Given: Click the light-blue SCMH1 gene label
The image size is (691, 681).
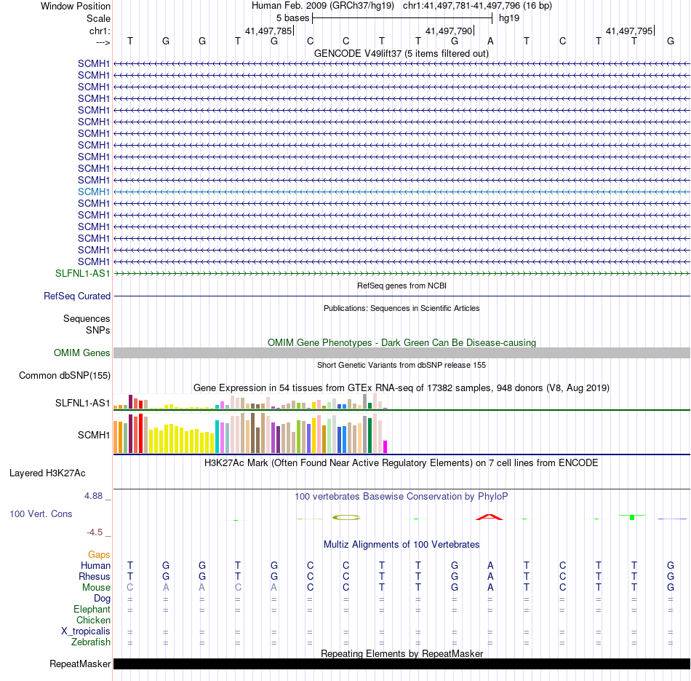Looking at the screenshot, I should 94,192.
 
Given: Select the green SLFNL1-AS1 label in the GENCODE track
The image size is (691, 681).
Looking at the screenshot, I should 83,273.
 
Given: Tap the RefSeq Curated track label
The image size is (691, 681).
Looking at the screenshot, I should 77,296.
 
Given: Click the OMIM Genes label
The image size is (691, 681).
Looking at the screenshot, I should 82,353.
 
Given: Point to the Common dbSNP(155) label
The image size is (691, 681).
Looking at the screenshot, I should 65,376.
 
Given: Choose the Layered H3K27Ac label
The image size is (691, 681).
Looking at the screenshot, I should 47,473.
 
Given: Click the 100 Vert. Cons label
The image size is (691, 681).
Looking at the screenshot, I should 41,513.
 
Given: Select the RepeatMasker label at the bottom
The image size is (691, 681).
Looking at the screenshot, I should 80,664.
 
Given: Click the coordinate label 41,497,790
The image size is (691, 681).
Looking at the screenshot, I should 449,31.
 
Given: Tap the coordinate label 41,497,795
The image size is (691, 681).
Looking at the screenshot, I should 629,31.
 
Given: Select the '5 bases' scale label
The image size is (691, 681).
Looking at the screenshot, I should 292,17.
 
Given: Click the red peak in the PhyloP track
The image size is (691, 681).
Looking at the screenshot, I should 490,516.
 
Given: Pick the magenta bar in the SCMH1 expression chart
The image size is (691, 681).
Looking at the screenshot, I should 386,446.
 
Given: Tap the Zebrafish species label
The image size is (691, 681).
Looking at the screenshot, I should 91,642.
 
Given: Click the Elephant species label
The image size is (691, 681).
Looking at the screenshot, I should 92,609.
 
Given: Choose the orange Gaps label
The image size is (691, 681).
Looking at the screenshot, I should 99,554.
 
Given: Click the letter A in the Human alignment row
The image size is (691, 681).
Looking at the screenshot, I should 490,565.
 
